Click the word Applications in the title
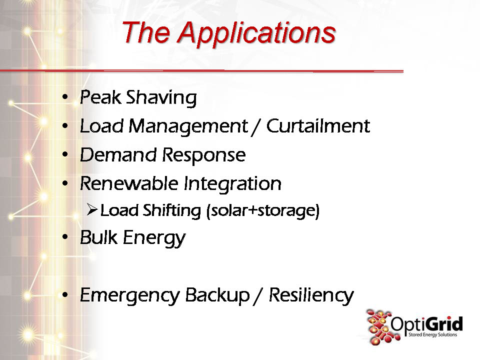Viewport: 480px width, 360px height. [256, 33]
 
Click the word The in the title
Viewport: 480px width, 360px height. [145, 32]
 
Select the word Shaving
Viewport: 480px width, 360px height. [161, 98]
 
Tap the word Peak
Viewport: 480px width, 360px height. [100, 97]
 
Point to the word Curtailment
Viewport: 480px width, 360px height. [318, 126]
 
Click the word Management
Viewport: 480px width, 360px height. [188, 126]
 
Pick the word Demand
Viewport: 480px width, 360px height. [118, 154]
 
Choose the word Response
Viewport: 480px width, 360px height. [204, 155]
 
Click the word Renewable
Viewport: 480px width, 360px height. [129, 183]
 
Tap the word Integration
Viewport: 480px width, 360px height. [232, 184]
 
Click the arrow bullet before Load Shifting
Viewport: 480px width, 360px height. [92, 209]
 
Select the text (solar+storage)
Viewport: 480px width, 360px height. [263, 211]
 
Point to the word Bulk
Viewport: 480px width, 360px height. [98, 237]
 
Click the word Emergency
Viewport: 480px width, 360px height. [130, 295]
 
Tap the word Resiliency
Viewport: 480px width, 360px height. [311, 295]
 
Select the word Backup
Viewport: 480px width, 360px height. [217, 295]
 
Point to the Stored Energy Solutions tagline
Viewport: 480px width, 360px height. [432, 334]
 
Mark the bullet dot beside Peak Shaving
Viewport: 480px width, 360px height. [64, 97]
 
